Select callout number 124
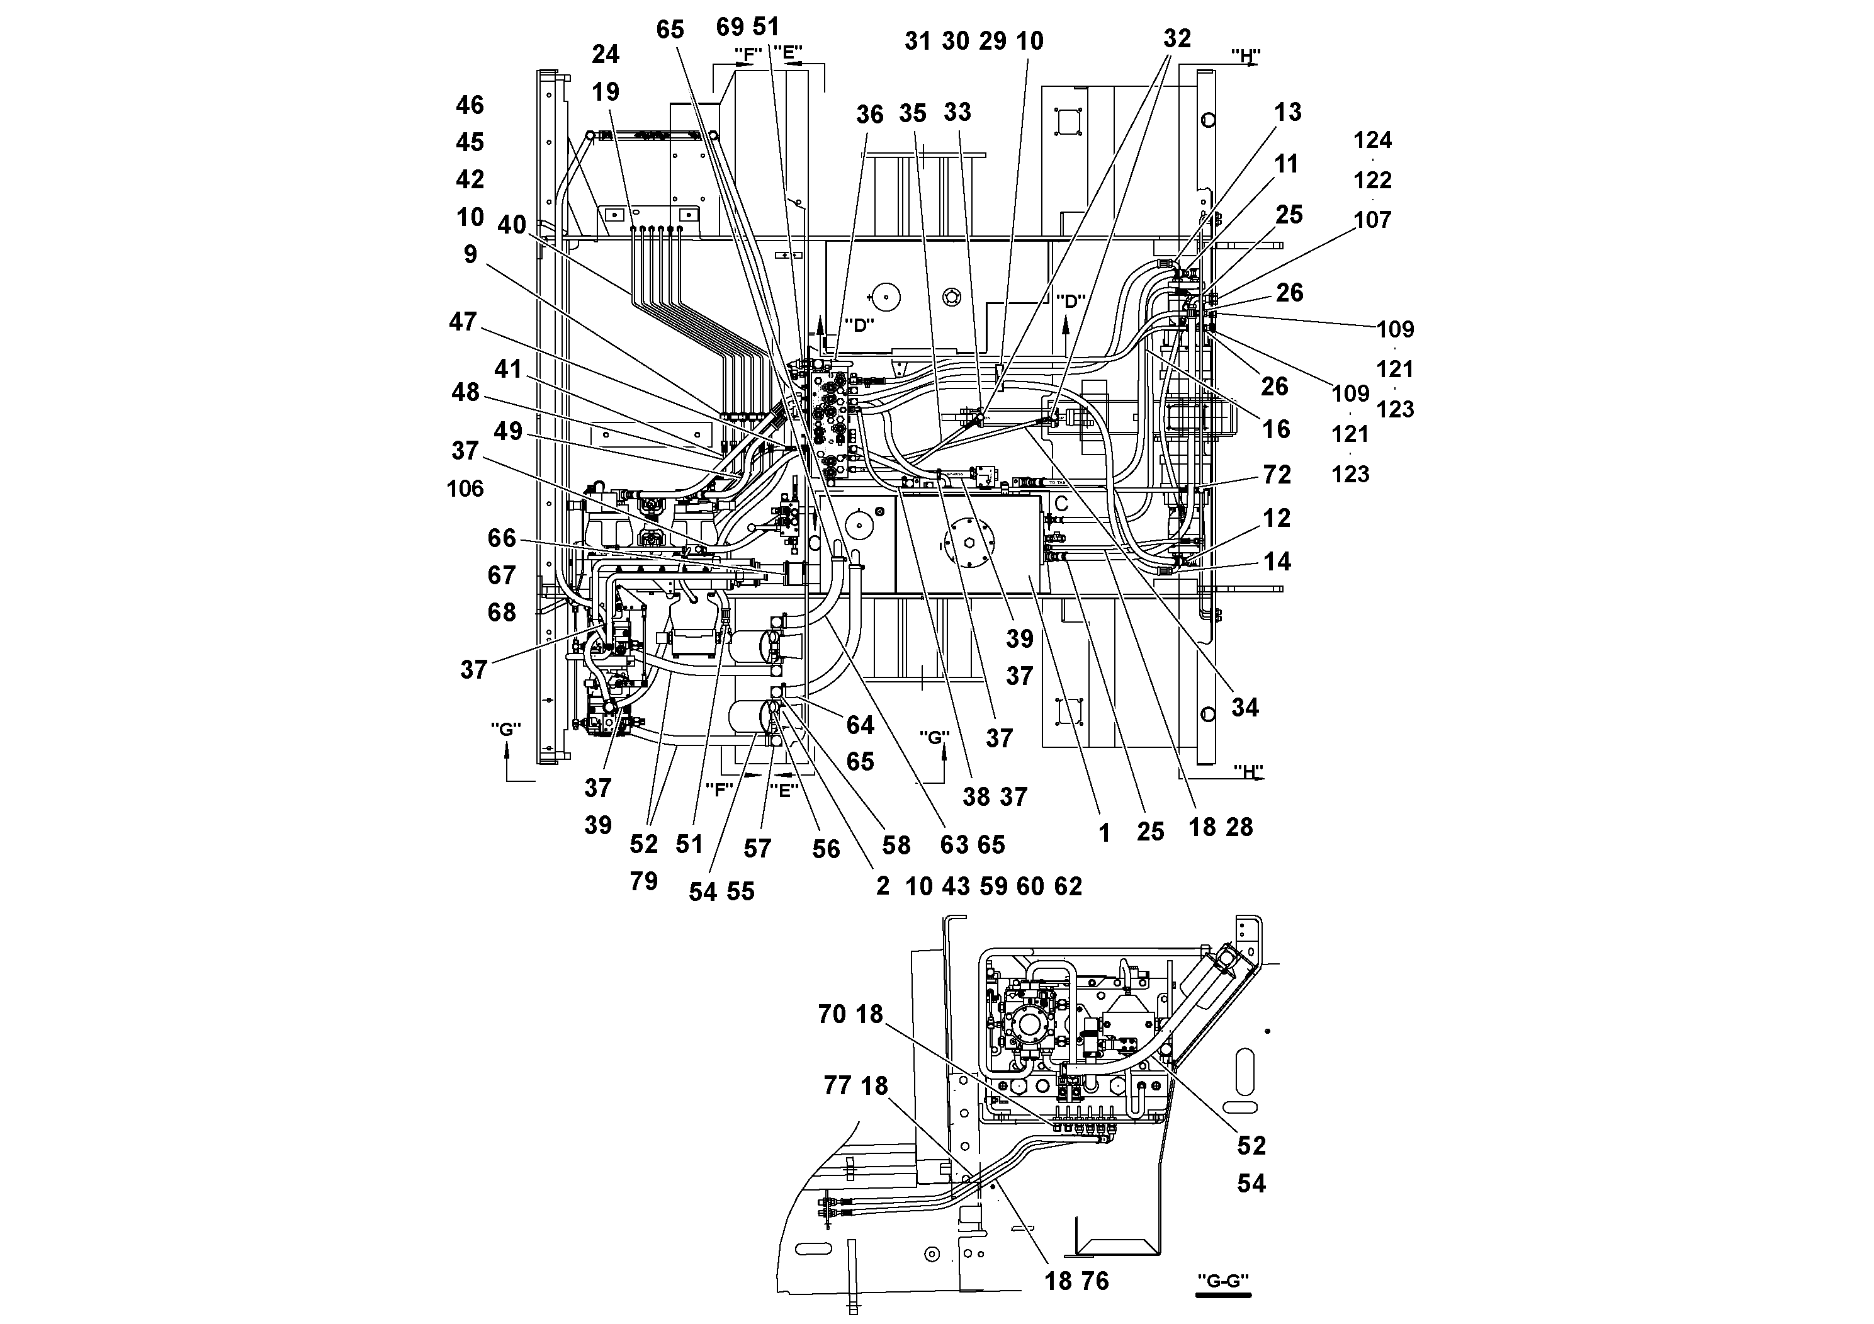click(1372, 140)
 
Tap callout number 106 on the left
click(465, 489)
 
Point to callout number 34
click(1244, 708)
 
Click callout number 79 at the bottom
click(643, 881)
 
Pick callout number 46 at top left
click(470, 105)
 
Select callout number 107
click(1372, 220)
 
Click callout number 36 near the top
click(869, 115)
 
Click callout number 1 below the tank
click(1104, 834)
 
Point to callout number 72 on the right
click(1277, 475)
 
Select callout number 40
click(512, 225)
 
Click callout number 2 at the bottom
click(883, 886)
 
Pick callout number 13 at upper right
click(1287, 113)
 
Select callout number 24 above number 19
click(605, 55)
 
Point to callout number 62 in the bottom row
click(1068, 886)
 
